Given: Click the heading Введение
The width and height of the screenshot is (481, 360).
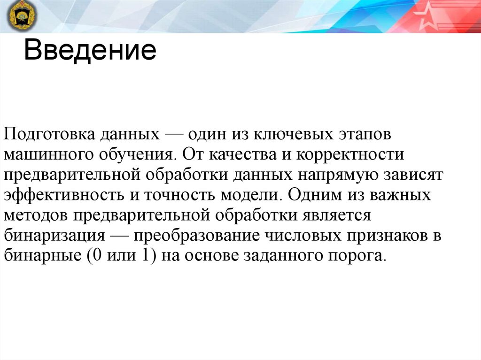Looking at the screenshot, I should click(90, 50).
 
